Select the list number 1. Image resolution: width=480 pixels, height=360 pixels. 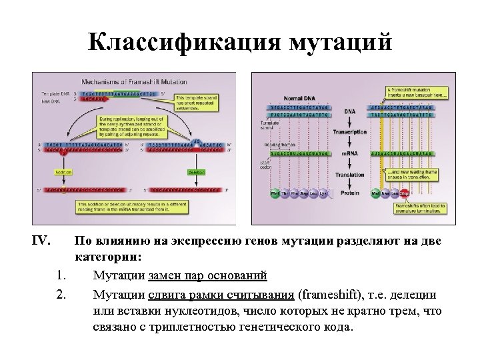[x=61, y=275]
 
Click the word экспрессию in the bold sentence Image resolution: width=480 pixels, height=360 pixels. [x=198, y=241]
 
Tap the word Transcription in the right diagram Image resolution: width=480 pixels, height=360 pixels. [x=350, y=132]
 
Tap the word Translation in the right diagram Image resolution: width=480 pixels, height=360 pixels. [x=349, y=175]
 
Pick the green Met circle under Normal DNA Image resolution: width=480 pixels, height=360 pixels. [x=275, y=193]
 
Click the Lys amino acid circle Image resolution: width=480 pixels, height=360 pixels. [x=323, y=193]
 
